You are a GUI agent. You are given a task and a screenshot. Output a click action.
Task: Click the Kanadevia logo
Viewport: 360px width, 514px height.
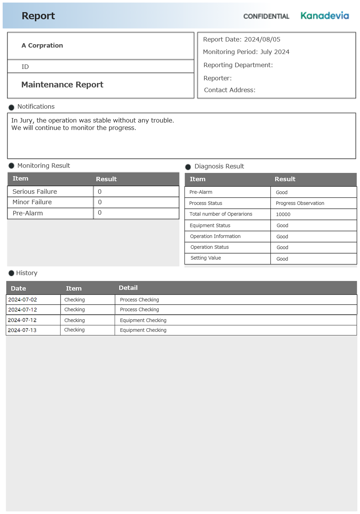(x=325, y=16)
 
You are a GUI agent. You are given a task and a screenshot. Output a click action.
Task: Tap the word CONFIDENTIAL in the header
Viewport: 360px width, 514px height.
(x=266, y=16)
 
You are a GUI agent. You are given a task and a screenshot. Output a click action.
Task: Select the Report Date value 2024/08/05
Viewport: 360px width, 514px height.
(x=262, y=40)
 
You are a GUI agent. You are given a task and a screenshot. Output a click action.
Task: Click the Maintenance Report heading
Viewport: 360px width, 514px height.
(x=62, y=85)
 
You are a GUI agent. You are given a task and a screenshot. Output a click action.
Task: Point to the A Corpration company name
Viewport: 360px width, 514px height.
(x=42, y=46)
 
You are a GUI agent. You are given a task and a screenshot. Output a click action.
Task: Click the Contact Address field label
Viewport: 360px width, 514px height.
(x=230, y=90)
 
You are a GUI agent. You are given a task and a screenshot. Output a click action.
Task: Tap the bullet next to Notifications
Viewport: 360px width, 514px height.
(x=11, y=107)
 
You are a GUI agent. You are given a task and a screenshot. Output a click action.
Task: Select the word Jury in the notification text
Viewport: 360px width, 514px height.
(x=27, y=121)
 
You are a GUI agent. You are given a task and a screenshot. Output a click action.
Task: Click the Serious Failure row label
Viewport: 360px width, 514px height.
(x=35, y=191)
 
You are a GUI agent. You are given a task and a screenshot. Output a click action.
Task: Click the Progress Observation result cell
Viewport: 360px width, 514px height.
(x=300, y=203)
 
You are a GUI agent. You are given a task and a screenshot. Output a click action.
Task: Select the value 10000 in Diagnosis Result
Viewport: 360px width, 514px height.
(x=283, y=214)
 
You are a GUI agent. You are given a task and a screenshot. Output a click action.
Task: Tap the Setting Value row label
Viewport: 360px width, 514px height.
(x=206, y=258)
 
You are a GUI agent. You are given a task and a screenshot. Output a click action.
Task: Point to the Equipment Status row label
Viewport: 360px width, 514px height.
(x=210, y=226)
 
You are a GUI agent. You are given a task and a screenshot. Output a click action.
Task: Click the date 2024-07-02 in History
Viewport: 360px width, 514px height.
(x=23, y=300)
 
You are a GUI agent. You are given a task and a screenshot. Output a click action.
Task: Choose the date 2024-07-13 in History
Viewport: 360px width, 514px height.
(x=22, y=330)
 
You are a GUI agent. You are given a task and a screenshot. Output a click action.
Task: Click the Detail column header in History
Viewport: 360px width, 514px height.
(x=128, y=288)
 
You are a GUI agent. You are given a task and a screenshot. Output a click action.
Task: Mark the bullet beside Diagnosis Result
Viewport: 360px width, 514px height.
(x=188, y=167)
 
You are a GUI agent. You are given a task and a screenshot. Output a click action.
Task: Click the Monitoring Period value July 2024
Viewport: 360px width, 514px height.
(x=275, y=52)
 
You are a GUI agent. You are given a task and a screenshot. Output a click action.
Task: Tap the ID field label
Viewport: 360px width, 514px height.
(x=25, y=67)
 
